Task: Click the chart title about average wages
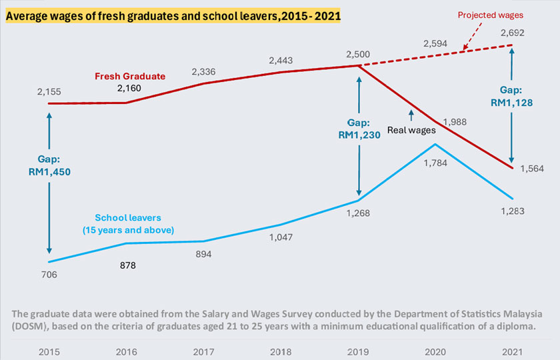[173, 13]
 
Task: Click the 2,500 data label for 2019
[359, 53]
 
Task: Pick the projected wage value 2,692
[512, 31]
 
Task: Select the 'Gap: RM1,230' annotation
[359, 128]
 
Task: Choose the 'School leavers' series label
[128, 224]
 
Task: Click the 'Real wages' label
[411, 130]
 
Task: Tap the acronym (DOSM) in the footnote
[31, 327]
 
